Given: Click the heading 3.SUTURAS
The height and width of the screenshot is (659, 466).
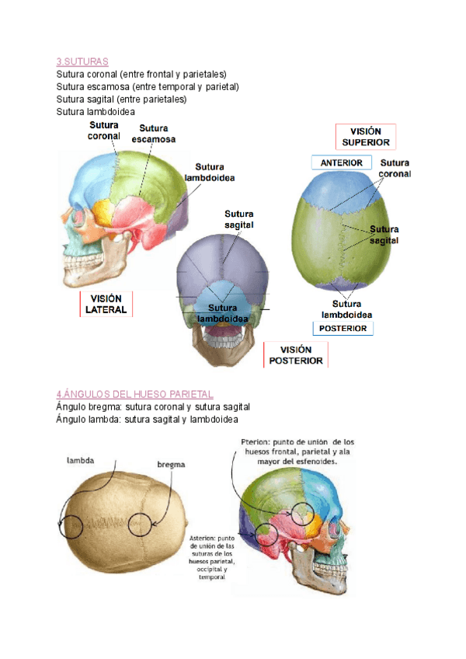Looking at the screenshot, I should click(x=82, y=61).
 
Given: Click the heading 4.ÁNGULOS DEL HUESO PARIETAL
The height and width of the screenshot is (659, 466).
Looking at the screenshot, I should click(x=134, y=394).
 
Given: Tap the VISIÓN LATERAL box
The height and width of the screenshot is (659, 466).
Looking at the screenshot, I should click(x=107, y=305).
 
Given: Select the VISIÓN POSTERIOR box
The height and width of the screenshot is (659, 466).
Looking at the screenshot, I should click(x=296, y=355).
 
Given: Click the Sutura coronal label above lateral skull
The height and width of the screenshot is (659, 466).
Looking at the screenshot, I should click(x=104, y=130).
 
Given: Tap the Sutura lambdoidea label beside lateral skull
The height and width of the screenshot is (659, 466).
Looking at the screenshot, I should click(x=210, y=172).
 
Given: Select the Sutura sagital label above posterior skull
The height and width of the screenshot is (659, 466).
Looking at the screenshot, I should click(x=239, y=219).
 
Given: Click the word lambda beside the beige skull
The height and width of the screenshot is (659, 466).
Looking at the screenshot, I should click(x=81, y=460).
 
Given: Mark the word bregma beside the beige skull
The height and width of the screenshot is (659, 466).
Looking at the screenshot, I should click(x=171, y=464).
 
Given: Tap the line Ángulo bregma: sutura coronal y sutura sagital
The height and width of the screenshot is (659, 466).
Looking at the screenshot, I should click(x=152, y=406).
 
